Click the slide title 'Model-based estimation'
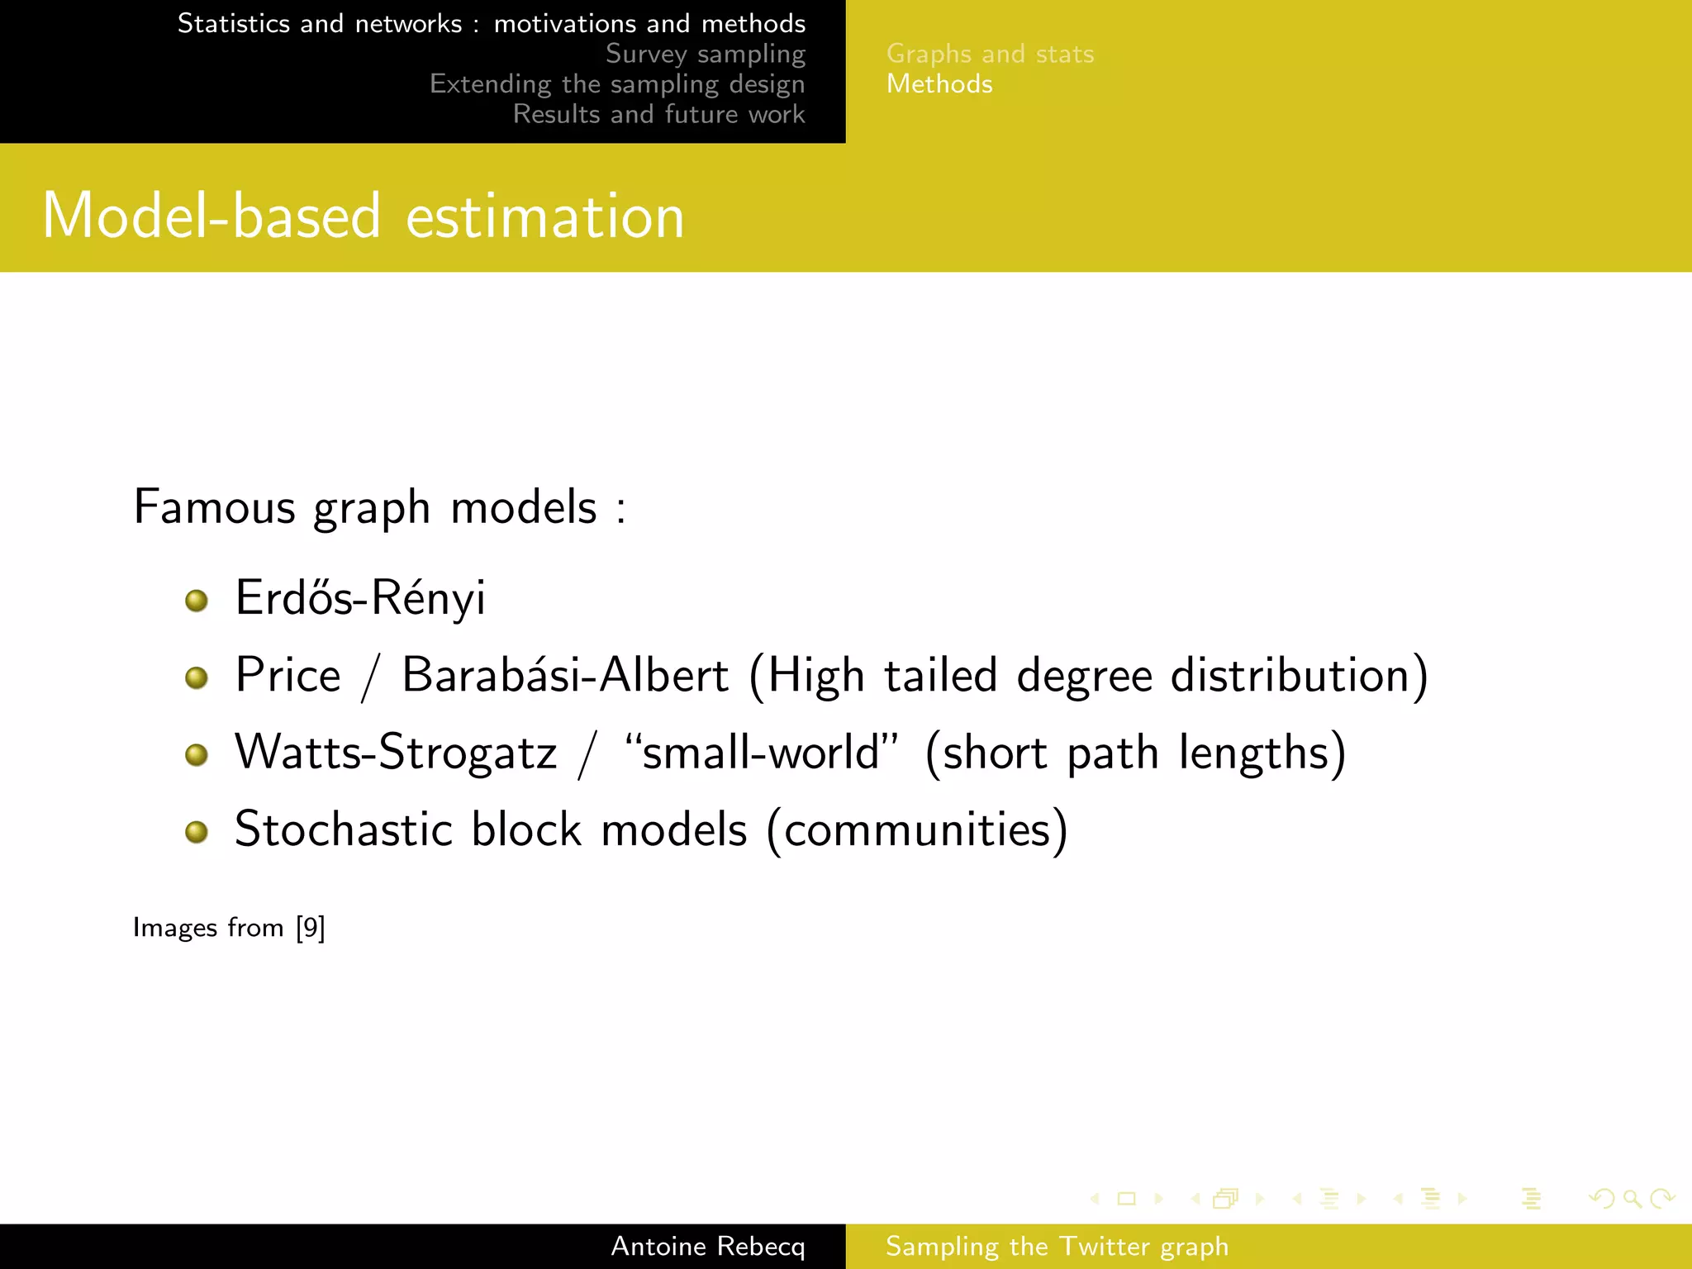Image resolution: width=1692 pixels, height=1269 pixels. coord(364,216)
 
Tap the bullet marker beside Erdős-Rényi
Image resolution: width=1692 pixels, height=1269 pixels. coord(197,601)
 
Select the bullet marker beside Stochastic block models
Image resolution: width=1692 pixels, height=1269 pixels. coord(197,831)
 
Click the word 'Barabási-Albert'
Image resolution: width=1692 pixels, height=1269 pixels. coord(565,675)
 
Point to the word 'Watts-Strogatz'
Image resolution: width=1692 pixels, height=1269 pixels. coord(396,753)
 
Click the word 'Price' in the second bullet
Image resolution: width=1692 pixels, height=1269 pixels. coord(288,675)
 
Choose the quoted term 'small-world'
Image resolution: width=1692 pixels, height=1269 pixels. coord(761,753)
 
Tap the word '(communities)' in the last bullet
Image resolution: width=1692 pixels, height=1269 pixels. coord(917,829)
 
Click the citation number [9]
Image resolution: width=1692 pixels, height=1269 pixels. coord(311,927)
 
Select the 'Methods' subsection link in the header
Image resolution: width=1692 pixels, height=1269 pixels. coord(939,84)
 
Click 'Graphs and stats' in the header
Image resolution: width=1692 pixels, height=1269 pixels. coord(990,55)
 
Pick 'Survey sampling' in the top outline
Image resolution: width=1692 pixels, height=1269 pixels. coord(705,54)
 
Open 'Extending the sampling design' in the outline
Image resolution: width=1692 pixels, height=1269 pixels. coord(617,84)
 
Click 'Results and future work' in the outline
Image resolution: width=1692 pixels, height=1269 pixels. coord(658,114)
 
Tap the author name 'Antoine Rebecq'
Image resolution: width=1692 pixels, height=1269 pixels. coord(707,1246)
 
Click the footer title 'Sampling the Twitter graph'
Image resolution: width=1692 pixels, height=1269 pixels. coord(1057,1246)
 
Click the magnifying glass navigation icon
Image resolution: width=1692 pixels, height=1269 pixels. coord(1632,1198)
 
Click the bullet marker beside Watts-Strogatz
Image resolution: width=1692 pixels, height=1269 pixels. coord(197,754)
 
